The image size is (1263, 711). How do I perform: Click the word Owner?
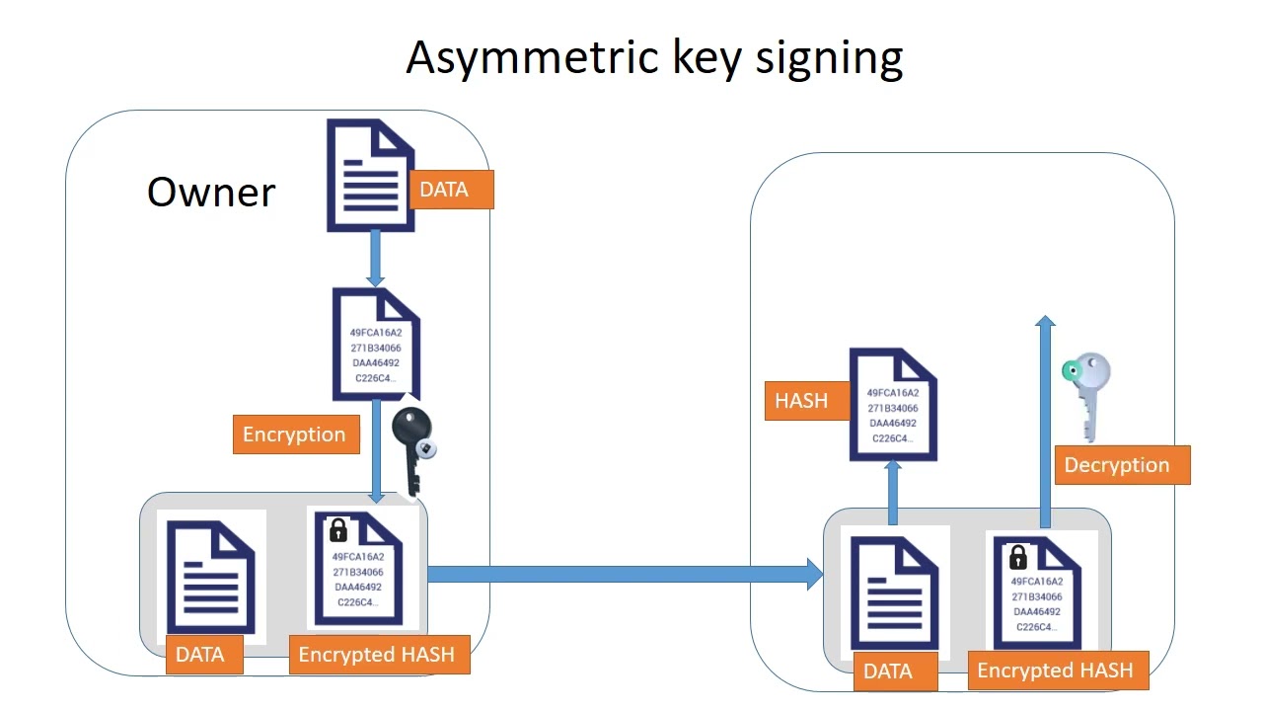pos(211,192)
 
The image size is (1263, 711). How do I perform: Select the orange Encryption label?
pos(295,434)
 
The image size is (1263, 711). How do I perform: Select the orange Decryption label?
pos(1116,465)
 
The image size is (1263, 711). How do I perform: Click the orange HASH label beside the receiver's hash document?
pos(801,401)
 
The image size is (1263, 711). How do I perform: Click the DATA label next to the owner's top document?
pos(444,190)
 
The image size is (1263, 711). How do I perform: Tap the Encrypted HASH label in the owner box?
pos(377,655)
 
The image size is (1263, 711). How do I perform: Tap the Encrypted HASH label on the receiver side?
pos(1055,671)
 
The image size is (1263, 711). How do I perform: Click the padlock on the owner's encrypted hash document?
pos(337,530)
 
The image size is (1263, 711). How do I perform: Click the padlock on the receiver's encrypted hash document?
pos(1017,557)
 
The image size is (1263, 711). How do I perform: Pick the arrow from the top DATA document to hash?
pos(375,259)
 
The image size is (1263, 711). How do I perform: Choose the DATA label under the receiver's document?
pos(887,671)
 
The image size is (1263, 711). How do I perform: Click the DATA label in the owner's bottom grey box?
pos(200,655)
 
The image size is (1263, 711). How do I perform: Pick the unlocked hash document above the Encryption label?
pos(376,346)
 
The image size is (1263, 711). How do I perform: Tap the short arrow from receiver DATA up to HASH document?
pos(893,491)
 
